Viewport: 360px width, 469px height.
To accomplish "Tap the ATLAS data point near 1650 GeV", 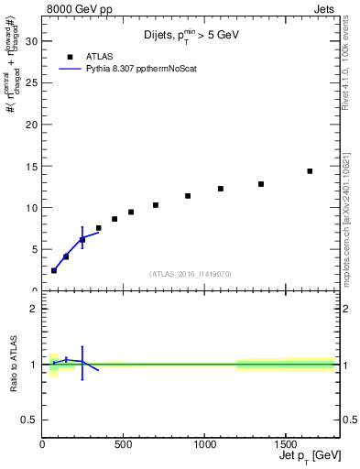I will point(310,171).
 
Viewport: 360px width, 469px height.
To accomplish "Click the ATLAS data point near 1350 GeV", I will point(261,184).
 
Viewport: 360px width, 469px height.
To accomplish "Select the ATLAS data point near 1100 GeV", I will point(221,189).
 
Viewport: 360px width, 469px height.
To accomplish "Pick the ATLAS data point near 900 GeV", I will point(188,196).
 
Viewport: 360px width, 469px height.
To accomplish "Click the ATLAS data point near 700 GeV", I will point(156,205).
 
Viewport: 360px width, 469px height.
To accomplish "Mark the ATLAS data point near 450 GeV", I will point(115,219).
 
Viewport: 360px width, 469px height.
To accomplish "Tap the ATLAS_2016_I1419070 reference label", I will point(190,273).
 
